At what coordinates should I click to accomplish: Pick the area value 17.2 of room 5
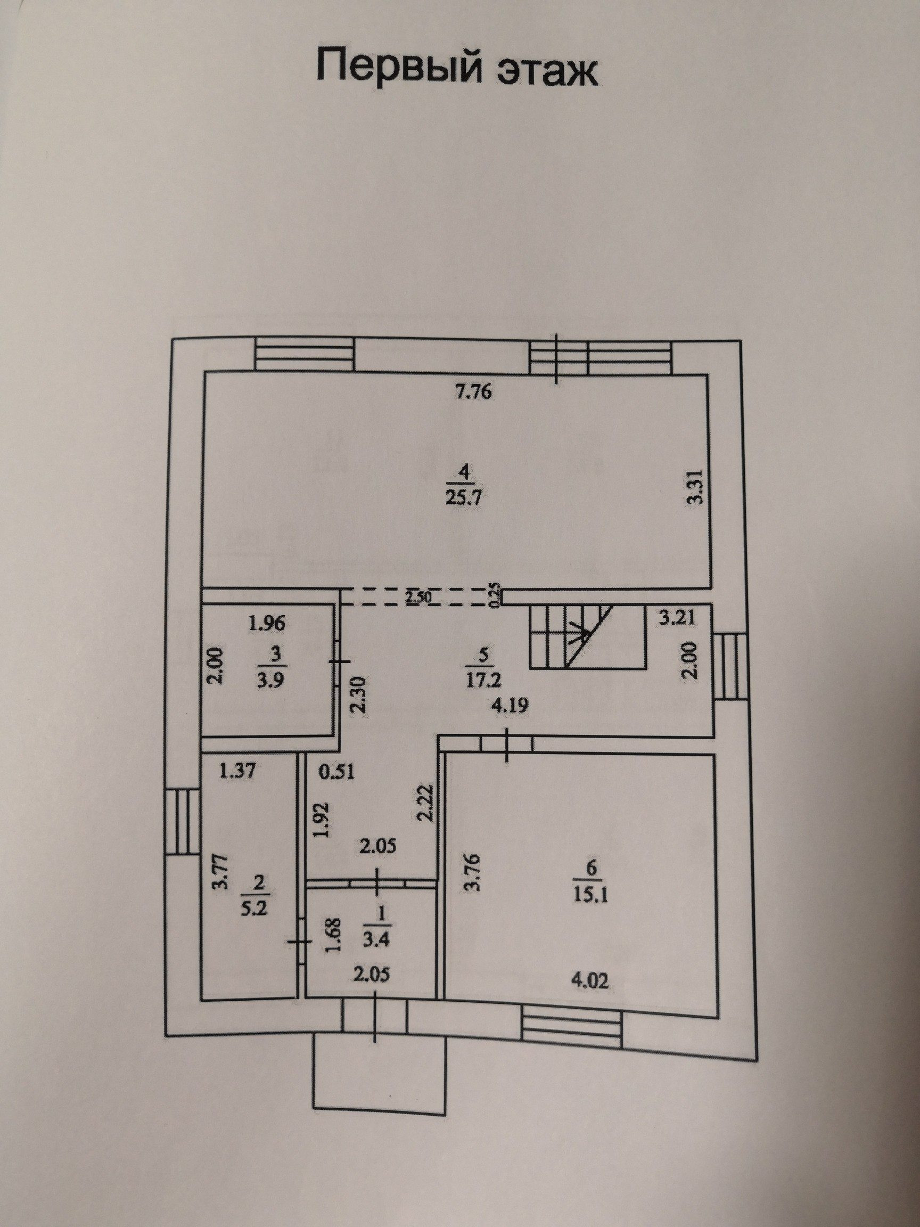coord(483,677)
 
